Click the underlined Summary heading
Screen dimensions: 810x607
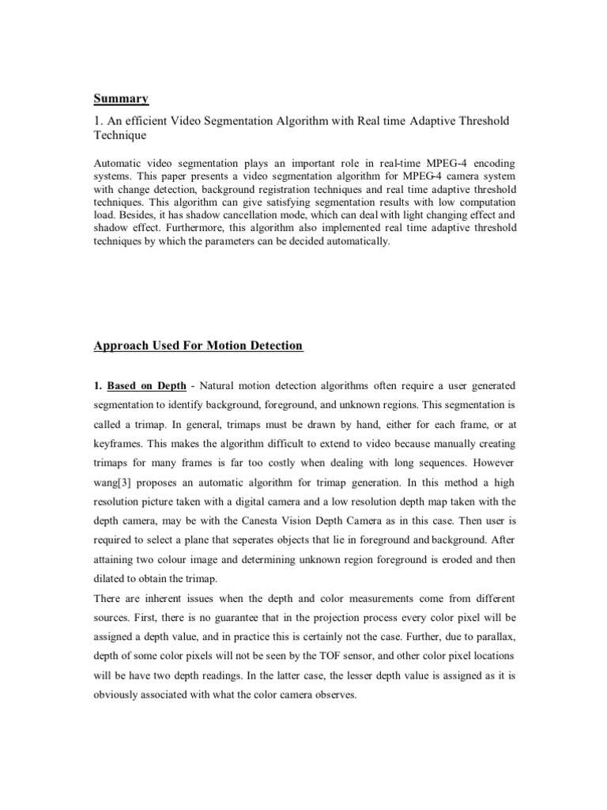tap(122, 98)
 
